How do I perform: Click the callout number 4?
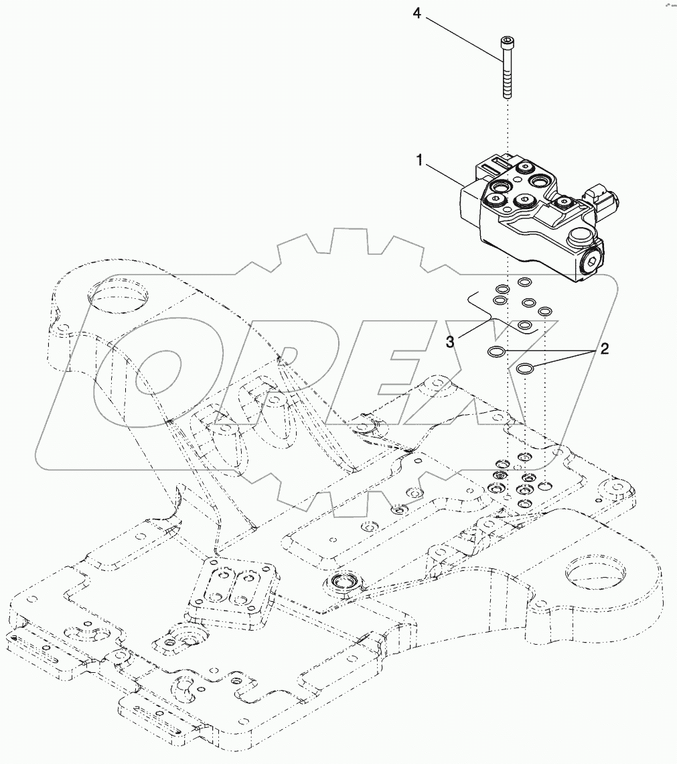tap(417, 13)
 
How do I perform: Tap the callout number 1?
tap(420, 160)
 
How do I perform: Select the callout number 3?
tap(451, 341)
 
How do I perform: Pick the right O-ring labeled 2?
tap(525, 368)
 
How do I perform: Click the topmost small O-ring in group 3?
tap(526, 282)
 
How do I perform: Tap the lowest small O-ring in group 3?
tap(525, 325)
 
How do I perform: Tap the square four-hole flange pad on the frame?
tap(231, 586)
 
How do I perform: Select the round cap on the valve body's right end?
tap(579, 238)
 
